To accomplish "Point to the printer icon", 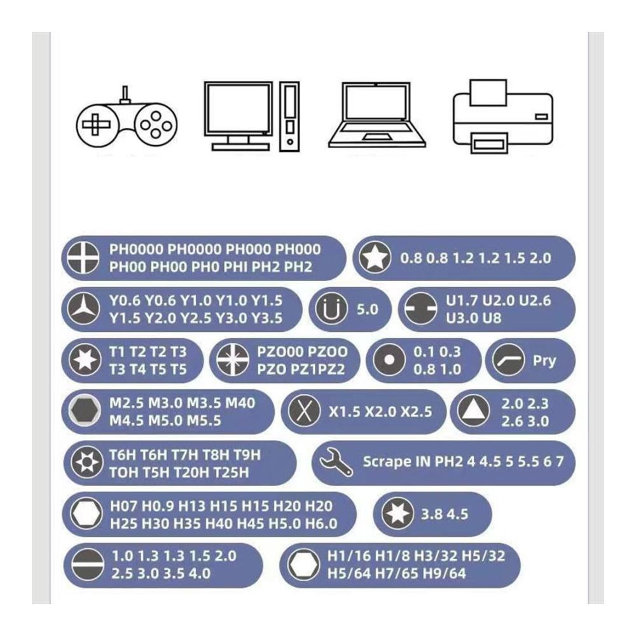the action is pyautogui.click(x=502, y=116).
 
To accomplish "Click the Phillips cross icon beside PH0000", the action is pyautogui.click(x=83, y=258).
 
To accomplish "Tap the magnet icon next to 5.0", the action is pyautogui.click(x=331, y=309).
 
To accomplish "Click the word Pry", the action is pyautogui.click(x=544, y=360).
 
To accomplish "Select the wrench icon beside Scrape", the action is pyautogui.click(x=336, y=462).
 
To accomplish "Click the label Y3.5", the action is pyautogui.click(x=266, y=318).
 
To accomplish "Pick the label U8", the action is pyautogui.click(x=492, y=318).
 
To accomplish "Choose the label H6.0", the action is pyautogui.click(x=321, y=523).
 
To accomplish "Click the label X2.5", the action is pyautogui.click(x=416, y=411).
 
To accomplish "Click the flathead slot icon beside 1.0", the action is pyautogui.click(x=87, y=565).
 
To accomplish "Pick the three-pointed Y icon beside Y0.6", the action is pyautogui.click(x=83, y=309).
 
